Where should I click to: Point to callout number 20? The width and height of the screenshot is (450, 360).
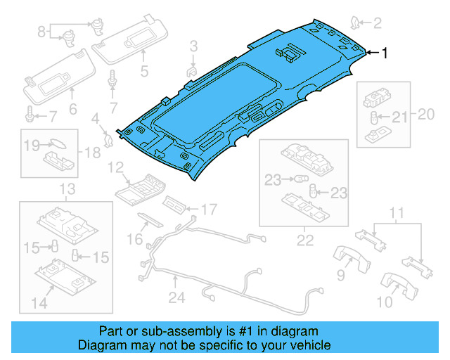[x=425, y=114]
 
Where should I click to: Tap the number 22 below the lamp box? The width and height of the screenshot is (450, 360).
[x=304, y=240]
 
